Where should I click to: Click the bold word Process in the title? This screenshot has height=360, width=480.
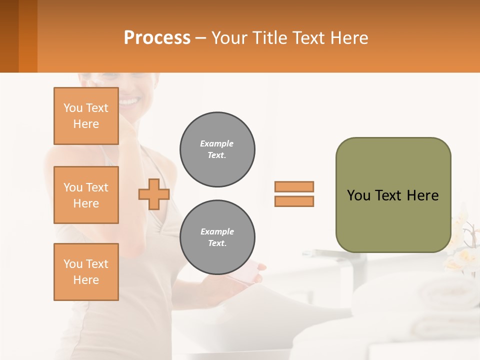coord(157,38)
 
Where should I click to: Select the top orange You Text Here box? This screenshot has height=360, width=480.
coord(86,116)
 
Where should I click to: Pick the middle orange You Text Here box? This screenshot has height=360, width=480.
coord(86,195)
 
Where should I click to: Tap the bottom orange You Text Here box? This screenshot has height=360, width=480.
coord(86,272)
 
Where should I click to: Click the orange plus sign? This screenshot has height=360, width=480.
coord(154,194)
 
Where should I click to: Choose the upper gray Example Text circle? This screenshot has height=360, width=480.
coord(217,149)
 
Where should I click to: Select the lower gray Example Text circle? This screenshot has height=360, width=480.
coord(217,237)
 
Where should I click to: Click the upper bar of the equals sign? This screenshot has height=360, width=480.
coord(294,186)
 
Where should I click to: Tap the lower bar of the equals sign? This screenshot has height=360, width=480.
coord(294,201)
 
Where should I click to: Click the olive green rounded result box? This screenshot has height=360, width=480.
coord(393,220)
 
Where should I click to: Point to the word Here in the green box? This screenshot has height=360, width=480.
coord(422,195)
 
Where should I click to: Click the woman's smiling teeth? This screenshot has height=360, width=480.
coord(129,102)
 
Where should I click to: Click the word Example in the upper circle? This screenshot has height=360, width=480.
coord(217,143)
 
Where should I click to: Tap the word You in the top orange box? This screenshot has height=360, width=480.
coord(73,108)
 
